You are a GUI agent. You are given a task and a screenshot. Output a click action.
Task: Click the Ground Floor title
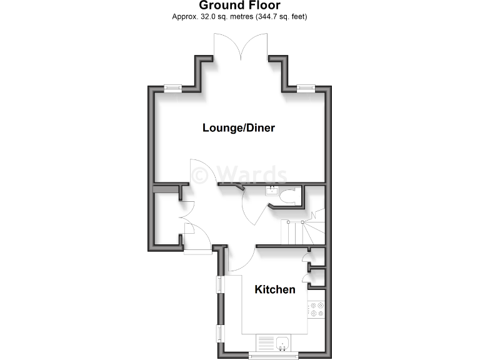(x=239, y=6)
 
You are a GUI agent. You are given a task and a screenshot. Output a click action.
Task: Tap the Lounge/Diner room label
(x=239, y=128)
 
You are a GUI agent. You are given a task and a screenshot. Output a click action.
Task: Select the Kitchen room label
(x=274, y=289)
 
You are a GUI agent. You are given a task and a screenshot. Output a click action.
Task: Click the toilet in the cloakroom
(x=289, y=197)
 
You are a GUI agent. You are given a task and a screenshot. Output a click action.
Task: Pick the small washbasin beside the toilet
(x=272, y=191)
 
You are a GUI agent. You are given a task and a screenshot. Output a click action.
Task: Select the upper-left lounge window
(x=173, y=88)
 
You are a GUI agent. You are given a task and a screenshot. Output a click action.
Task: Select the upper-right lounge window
(x=306, y=88)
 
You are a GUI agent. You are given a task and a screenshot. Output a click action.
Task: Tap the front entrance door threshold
(x=198, y=251)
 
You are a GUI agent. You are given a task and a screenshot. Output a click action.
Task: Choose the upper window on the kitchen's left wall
(x=219, y=284)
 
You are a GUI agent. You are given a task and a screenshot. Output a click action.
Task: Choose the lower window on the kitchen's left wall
(x=219, y=333)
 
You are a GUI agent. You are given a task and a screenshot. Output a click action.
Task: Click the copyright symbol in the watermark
(x=200, y=174)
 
